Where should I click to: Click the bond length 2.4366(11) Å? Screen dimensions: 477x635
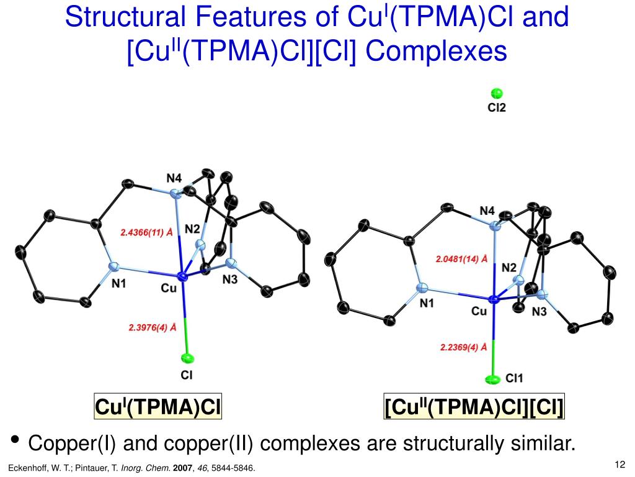pyautogui.click(x=146, y=233)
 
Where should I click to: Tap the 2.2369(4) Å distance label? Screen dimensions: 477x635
pyautogui.click(x=459, y=348)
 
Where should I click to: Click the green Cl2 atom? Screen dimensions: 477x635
pyautogui.click(x=497, y=94)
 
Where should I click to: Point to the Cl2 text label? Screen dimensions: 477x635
pyautogui.click(x=497, y=108)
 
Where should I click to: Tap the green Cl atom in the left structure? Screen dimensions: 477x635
pyautogui.click(x=187, y=358)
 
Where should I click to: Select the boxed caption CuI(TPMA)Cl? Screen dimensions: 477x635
pyautogui.click(x=158, y=407)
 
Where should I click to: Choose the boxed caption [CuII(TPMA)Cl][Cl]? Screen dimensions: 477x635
pyautogui.click(x=474, y=407)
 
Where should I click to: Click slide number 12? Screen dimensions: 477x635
pyautogui.click(x=618, y=465)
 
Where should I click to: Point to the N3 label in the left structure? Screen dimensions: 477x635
pyautogui.click(x=229, y=280)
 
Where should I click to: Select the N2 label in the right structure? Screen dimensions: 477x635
pyautogui.click(x=509, y=268)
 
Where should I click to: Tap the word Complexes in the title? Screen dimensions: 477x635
pyautogui.click(x=436, y=51)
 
